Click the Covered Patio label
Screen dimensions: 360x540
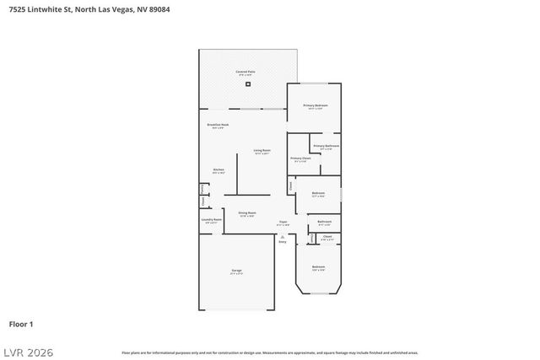click(x=246, y=73)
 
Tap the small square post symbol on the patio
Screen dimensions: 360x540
click(x=248, y=83)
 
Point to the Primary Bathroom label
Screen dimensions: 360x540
click(x=326, y=146)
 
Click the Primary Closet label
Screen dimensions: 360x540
click(x=300, y=159)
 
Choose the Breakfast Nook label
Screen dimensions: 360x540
click(x=218, y=125)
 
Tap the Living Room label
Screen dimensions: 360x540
click(x=262, y=151)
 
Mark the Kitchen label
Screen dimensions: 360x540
click(x=218, y=170)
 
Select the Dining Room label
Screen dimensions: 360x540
click(x=246, y=213)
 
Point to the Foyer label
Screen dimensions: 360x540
click(x=283, y=223)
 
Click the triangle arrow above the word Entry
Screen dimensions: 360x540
click(x=283, y=236)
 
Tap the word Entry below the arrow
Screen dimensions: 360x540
click(x=283, y=242)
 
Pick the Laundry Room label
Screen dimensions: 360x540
click(x=211, y=220)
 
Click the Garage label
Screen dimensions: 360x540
click(x=237, y=271)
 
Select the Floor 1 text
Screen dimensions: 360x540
click(x=21, y=324)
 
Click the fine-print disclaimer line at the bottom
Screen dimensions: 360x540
click(x=269, y=352)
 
